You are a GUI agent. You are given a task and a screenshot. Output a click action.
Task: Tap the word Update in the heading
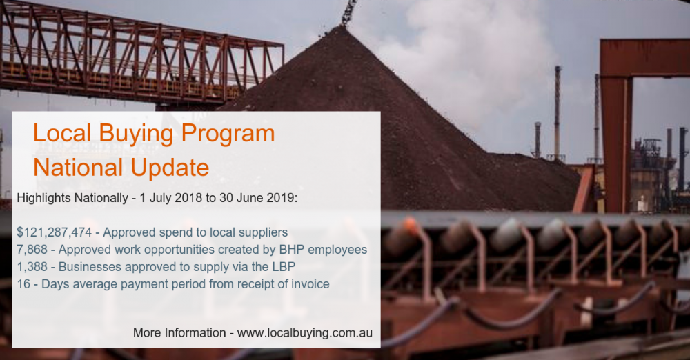(170, 168)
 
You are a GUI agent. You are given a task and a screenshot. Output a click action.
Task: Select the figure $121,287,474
(55, 232)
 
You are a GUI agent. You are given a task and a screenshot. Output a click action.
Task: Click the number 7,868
(32, 250)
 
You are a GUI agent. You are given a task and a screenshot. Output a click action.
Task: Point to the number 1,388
(32, 267)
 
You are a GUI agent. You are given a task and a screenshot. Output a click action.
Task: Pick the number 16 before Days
(23, 284)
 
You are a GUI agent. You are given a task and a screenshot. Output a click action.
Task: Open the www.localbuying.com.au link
(304, 332)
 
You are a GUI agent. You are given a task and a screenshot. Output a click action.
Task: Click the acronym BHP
(292, 250)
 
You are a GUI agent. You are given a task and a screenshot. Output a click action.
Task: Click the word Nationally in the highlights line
(101, 198)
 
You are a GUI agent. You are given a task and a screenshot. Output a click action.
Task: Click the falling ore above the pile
(349, 12)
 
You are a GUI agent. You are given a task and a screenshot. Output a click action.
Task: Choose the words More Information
(179, 332)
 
